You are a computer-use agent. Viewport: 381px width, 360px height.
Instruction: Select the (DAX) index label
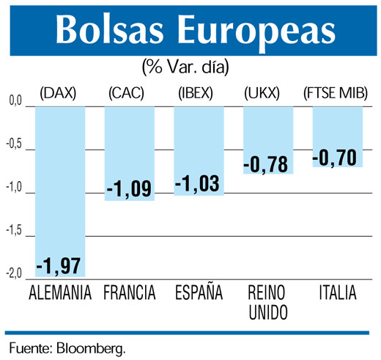tap(59, 93)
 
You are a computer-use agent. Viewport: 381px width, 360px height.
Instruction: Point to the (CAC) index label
tap(129, 93)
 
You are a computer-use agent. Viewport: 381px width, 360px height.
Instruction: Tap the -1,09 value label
tap(130, 188)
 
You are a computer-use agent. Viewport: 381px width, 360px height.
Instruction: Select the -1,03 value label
tap(199, 183)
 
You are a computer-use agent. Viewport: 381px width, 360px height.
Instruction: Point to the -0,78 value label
tap(268, 162)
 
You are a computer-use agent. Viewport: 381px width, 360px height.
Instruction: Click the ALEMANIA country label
tap(60, 293)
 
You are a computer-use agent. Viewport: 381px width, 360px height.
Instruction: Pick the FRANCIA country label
tap(130, 293)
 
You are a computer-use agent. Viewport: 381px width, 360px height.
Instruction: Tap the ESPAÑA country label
tap(199, 293)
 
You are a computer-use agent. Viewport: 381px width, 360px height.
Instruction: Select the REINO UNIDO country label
tap(268, 303)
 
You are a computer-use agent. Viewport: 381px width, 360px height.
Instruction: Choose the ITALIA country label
tap(338, 293)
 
